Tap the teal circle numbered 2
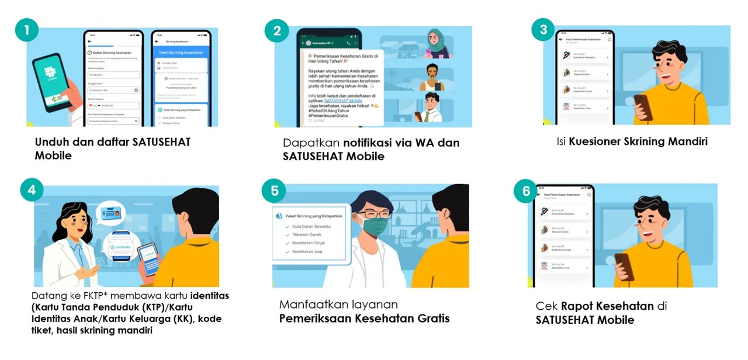click(276, 30)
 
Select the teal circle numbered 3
click(543, 29)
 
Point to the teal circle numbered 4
click(32, 189)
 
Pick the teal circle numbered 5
click(274, 191)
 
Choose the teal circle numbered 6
click(526, 191)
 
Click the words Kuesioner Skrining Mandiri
click(638, 141)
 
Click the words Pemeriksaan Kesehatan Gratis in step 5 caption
click(364, 319)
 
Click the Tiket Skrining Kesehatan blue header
click(181, 53)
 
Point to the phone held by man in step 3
click(642, 107)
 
